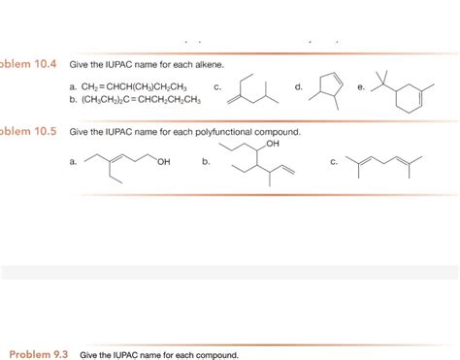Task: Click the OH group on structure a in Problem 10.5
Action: click(162, 161)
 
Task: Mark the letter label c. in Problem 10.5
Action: click(333, 162)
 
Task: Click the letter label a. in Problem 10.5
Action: click(74, 162)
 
